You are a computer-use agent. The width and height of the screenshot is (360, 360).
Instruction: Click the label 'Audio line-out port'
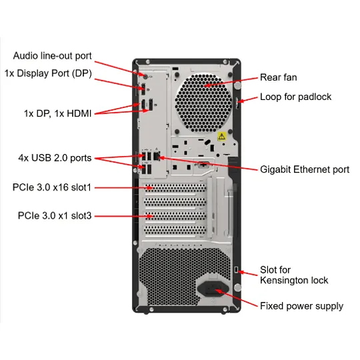[x=53, y=56]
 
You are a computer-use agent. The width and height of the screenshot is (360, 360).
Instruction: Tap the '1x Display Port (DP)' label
[x=48, y=73]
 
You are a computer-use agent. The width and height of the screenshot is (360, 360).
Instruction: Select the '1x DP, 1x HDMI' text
[x=57, y=113]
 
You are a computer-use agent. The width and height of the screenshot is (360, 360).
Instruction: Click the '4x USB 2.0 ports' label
[x=55, y=158]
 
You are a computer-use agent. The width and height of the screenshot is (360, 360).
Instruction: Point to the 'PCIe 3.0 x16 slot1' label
[x=52, y=187]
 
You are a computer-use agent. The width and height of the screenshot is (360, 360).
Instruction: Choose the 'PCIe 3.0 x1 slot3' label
[x=55, y=215]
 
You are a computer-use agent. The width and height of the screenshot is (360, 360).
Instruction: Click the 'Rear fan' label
[x=279, y=77]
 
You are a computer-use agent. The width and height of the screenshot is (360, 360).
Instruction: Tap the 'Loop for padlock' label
[x=296, y=97]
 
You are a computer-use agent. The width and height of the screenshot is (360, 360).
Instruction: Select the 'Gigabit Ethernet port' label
[x=305, y=169]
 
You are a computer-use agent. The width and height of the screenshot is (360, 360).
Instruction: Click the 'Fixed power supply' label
[x=302, y=306]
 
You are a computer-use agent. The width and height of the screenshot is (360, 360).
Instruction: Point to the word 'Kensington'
[x=284, y=280]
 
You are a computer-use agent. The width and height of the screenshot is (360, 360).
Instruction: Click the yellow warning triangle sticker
[x=221, y=137]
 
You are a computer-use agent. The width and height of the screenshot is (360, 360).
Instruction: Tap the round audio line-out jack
[x=145, y=75]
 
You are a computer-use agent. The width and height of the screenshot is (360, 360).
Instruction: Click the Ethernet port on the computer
[x=157, y=156]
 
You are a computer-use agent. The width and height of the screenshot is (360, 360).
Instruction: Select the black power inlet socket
[x=213, y=289]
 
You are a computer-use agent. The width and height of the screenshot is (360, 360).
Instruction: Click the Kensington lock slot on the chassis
[x=237, y=270]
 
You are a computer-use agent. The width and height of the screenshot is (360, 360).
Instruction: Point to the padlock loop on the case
[x=237, y=103]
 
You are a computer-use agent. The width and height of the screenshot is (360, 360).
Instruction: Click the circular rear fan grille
[x=203, y=103]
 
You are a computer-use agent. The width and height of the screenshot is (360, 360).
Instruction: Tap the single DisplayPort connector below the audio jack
[x=143, y=89]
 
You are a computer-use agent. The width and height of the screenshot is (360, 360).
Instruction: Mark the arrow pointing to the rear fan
[x=231, y=82]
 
